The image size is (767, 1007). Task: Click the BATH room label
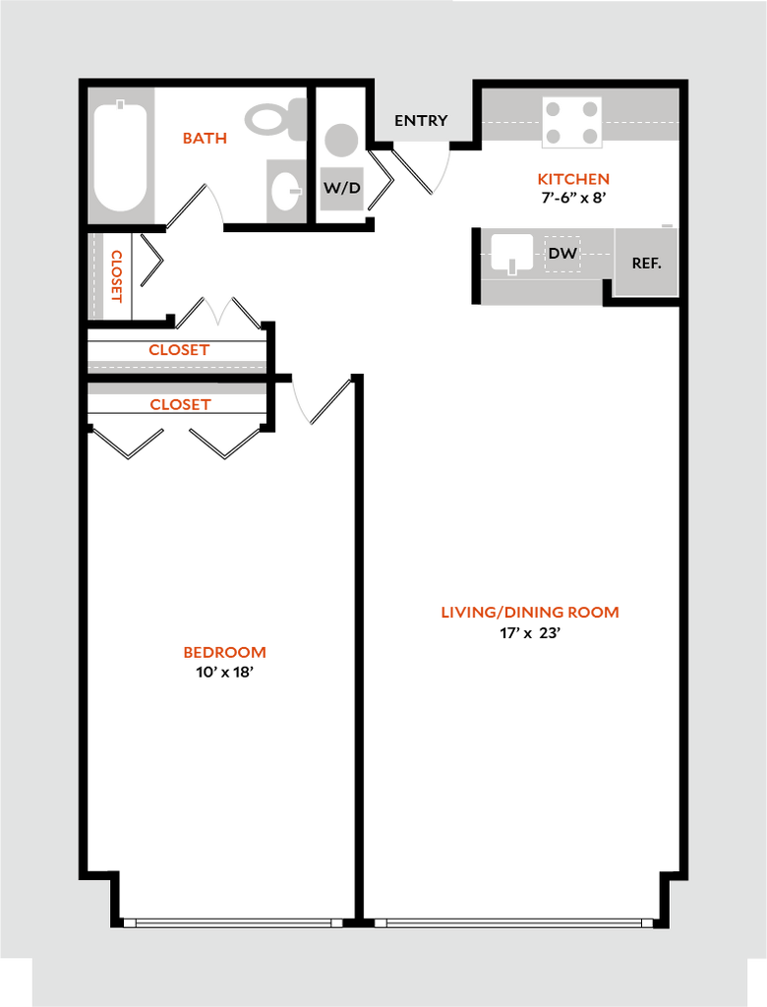205,138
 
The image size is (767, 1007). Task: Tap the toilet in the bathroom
276,119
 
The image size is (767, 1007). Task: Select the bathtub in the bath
120,156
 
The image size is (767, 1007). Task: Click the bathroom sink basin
284,191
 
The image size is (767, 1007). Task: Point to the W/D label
342,188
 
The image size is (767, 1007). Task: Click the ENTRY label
421,121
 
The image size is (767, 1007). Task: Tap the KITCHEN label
573,179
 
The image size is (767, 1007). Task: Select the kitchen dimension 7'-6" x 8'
573,198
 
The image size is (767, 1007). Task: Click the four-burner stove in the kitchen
572,122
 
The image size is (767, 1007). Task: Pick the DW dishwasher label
562,254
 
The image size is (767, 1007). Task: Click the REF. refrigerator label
647,264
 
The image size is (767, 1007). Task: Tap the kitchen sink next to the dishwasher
512,253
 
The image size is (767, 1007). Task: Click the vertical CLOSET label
117,276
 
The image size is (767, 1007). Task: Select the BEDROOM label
225,653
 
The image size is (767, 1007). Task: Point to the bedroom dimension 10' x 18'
225,673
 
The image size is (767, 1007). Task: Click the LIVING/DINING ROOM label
530,613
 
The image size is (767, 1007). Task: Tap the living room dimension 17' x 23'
531,633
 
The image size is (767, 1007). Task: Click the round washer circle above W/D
341,140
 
